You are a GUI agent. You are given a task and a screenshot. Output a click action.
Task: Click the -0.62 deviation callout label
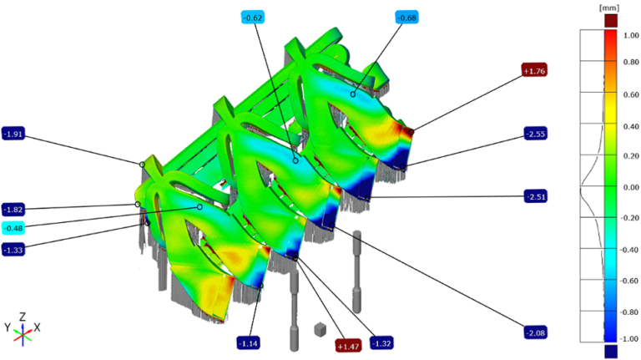[253, 18]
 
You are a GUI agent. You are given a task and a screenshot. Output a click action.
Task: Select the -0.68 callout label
[406, 18]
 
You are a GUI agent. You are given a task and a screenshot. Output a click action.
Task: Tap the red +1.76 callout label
[534, 71]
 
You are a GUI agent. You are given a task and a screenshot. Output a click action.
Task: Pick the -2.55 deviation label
[536, 134]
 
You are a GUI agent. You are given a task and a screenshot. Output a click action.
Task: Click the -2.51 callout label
[536, 196]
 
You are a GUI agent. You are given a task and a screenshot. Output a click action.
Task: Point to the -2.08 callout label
[536, 333]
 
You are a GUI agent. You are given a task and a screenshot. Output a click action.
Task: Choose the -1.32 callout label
[381, 343]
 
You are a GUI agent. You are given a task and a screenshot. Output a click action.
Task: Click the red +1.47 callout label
[348, 347]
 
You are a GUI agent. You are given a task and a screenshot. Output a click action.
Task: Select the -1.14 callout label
[249, 343]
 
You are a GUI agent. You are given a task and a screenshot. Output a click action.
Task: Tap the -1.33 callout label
[13, 250]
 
